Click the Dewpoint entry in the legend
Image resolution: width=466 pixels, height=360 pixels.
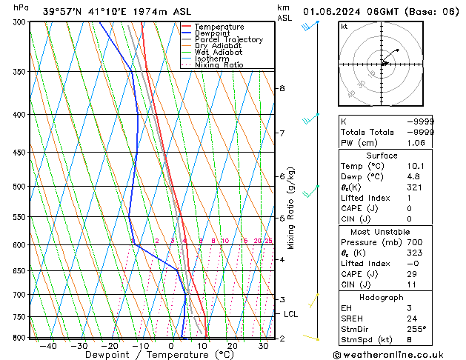(213, 33)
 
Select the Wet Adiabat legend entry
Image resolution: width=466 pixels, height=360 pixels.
(218, 53)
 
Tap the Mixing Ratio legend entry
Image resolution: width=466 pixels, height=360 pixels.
(219, 65)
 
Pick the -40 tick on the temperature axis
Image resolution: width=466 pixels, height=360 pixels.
(48, 346)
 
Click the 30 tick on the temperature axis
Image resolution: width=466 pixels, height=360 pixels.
(263, 346)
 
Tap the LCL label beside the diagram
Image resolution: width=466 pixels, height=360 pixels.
(291, 314)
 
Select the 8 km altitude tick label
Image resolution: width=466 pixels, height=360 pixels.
(281, 88)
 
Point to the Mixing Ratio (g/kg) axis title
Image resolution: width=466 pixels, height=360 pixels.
(291, 208)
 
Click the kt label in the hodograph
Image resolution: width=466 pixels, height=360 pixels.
(344, 27)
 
